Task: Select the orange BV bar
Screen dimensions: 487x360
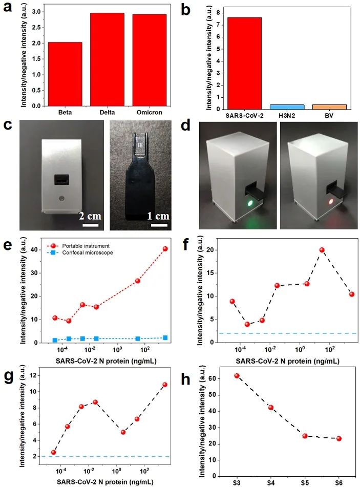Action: (x=329, y=107)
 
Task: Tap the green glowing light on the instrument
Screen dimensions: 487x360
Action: (x=249, y=203)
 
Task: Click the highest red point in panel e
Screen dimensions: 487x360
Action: (x=165, y=249)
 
